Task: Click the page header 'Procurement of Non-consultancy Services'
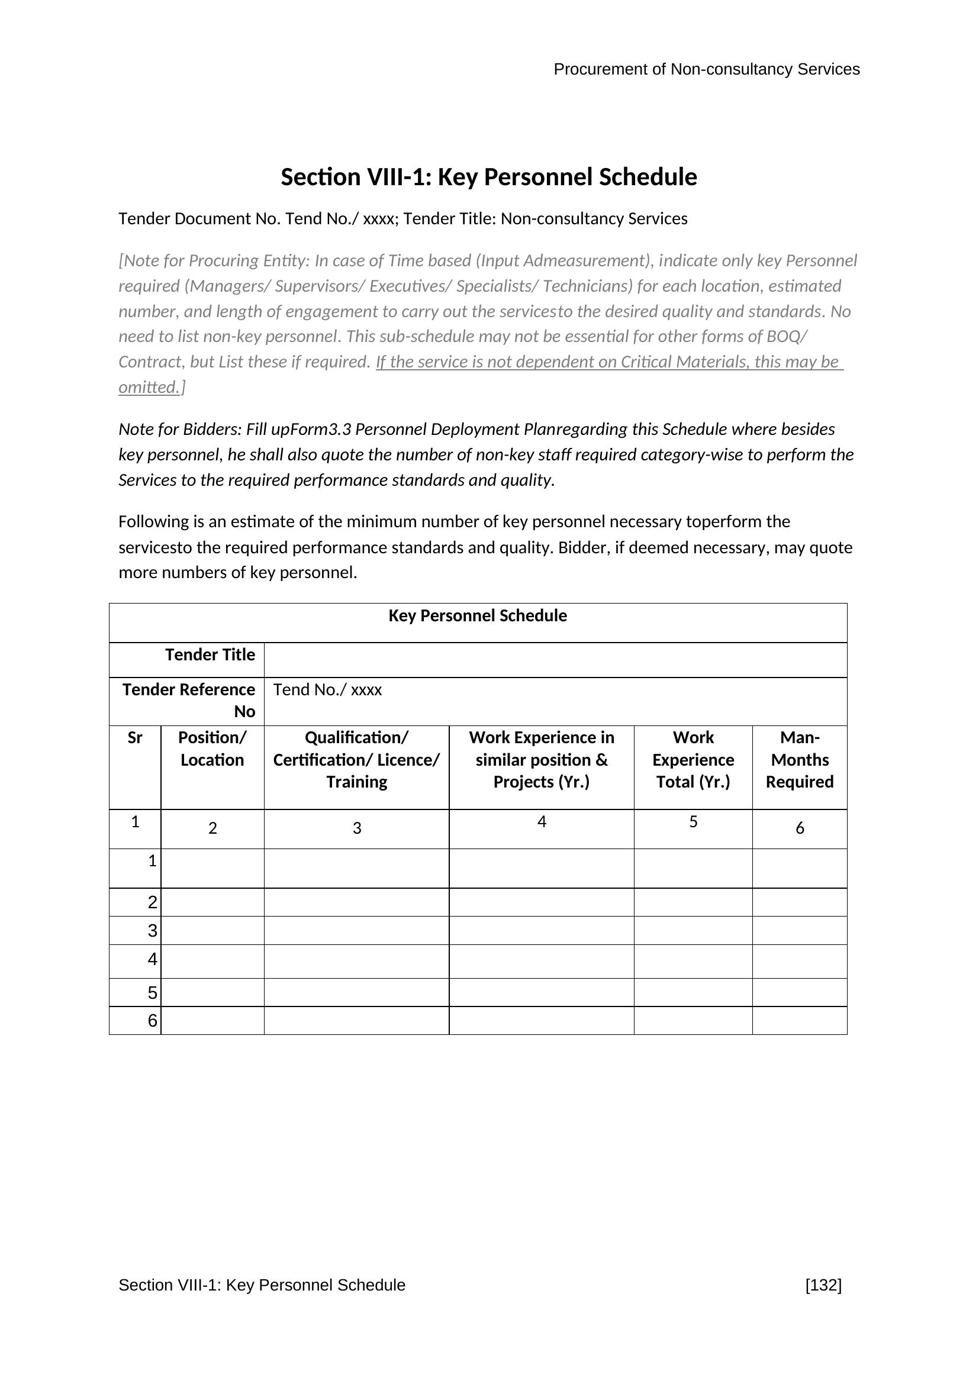click(706, 69)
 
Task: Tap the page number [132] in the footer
click(823, 1285)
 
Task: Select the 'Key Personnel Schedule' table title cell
click(478, 616)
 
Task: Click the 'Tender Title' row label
click(210, 654)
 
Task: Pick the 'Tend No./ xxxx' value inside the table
click(327, 689)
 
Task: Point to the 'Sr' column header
click(135, 738)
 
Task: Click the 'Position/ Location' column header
click(212, 749)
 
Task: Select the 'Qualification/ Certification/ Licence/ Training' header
click(356, 760)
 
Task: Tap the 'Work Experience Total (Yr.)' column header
click(693, 760)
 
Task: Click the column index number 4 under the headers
click(542, 822)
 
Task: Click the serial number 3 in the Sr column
click(153, 931)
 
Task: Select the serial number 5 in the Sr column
click(153, 993)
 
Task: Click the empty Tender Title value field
click(555, 660)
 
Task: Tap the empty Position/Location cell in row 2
click(212, 902)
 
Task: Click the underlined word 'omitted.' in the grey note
click(149, 388)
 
